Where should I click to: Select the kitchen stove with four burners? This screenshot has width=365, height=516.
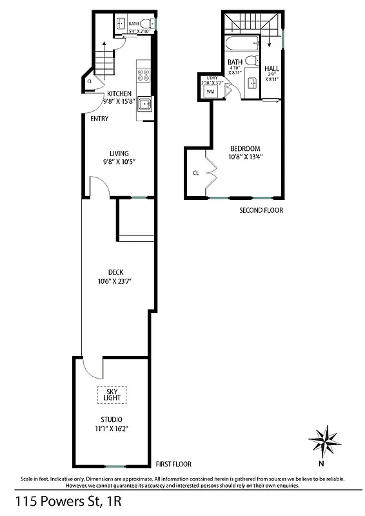143,72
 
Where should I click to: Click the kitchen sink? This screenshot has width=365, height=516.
144,105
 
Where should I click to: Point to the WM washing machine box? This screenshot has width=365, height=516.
210,92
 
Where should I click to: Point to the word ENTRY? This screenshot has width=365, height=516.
99,119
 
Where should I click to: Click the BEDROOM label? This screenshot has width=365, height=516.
246,148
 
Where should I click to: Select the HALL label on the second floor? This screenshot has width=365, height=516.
271,68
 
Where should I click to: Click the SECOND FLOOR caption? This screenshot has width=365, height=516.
261,210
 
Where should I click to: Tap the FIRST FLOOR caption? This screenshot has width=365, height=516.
173,464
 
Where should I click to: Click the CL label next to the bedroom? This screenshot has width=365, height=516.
195,173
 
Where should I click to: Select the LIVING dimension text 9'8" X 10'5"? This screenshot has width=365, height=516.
119,162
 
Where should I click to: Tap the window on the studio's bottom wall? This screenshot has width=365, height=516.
115,466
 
